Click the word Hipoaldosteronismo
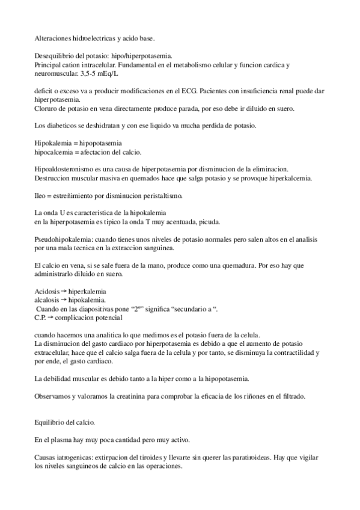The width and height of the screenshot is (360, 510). click(x=64, y=170)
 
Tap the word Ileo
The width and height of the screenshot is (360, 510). click(x=41, y=196)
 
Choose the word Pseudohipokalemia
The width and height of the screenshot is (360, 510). click(x=63, y=239)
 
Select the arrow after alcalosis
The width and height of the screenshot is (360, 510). click(x=64, y=300)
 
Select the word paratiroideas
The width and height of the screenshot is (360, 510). click(x=242, y=458)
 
